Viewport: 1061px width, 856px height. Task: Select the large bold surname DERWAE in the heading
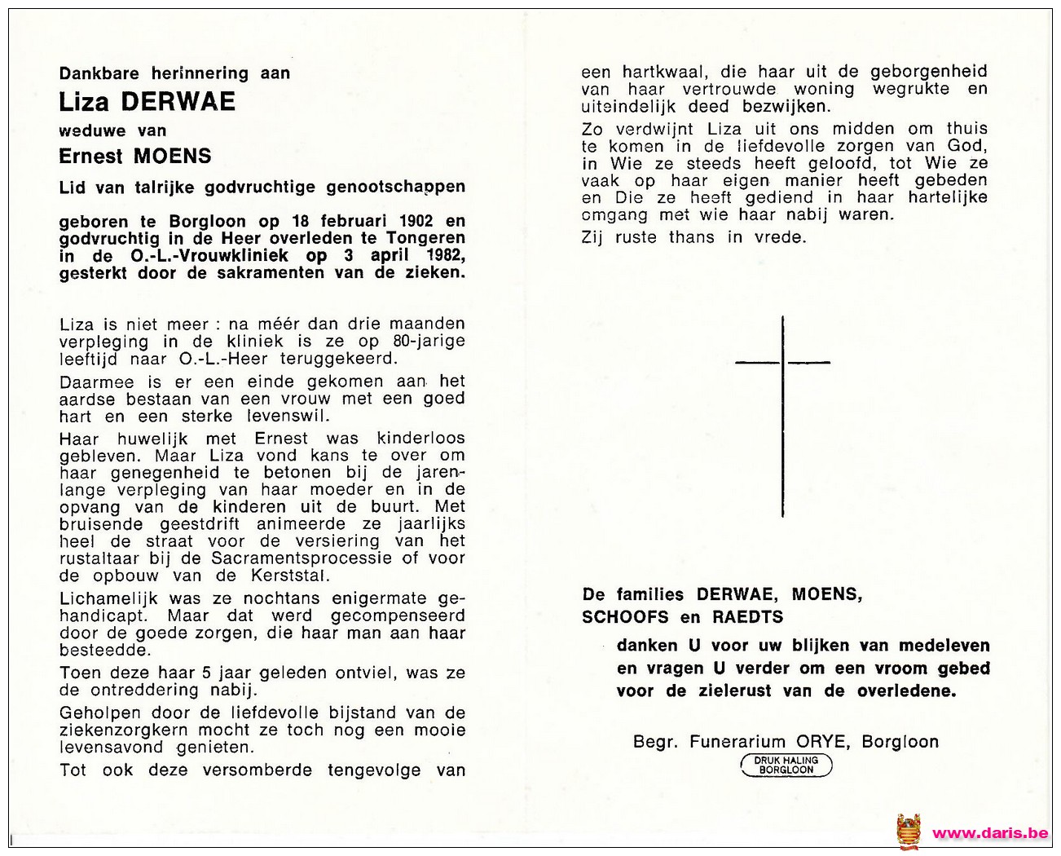[178, 102]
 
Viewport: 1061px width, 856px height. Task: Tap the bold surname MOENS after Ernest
[172, 156]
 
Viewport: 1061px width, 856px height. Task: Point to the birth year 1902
[416, 221]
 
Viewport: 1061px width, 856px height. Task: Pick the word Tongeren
[425, 238]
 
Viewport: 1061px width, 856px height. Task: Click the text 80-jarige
[429, 342]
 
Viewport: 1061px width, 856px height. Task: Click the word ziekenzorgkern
[123, 730]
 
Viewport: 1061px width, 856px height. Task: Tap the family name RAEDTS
[748, 617]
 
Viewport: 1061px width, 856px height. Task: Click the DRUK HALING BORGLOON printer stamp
[786, 765]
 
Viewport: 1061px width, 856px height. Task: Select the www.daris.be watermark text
[990, 833]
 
